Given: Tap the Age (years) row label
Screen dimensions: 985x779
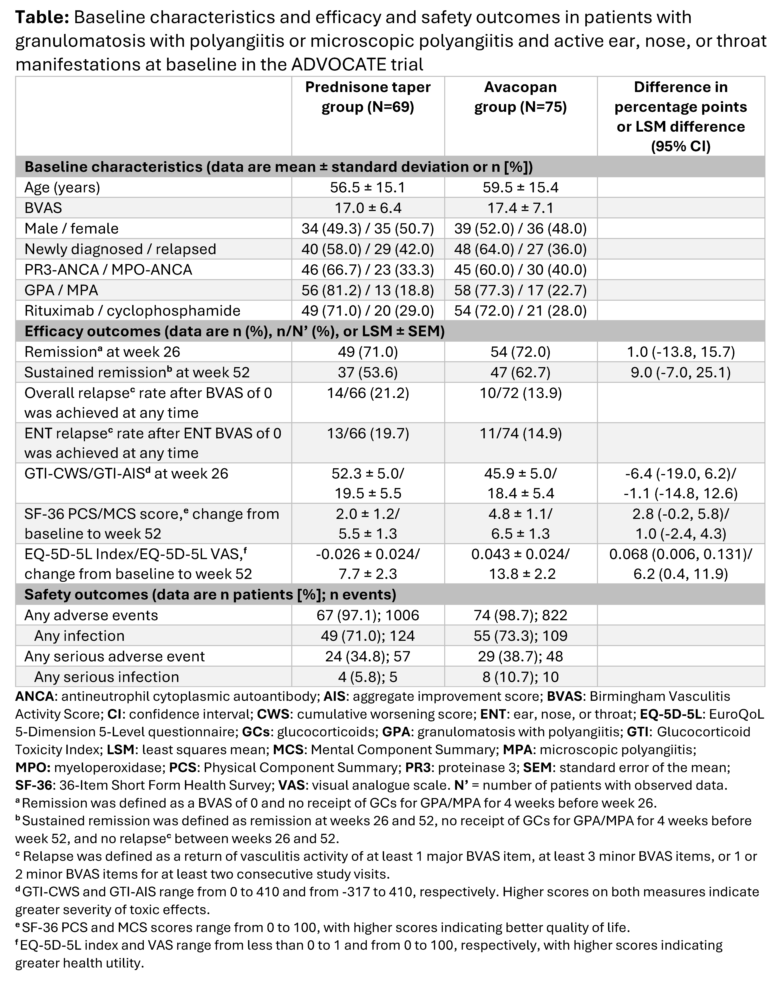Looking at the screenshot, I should (x=62, y=188).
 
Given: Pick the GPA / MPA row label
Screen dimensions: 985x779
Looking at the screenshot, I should (x=61, y=290).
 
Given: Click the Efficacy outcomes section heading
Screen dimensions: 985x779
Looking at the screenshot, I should (x=234, y=331).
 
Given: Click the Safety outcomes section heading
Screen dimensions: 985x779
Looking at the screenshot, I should (x=210, y=594).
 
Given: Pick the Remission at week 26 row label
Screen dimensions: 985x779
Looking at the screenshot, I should (x=102, y=352).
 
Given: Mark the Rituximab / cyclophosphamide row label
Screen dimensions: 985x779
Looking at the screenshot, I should (x=132, y=311).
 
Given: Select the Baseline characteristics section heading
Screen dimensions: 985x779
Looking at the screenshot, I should (x=278, y=167).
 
